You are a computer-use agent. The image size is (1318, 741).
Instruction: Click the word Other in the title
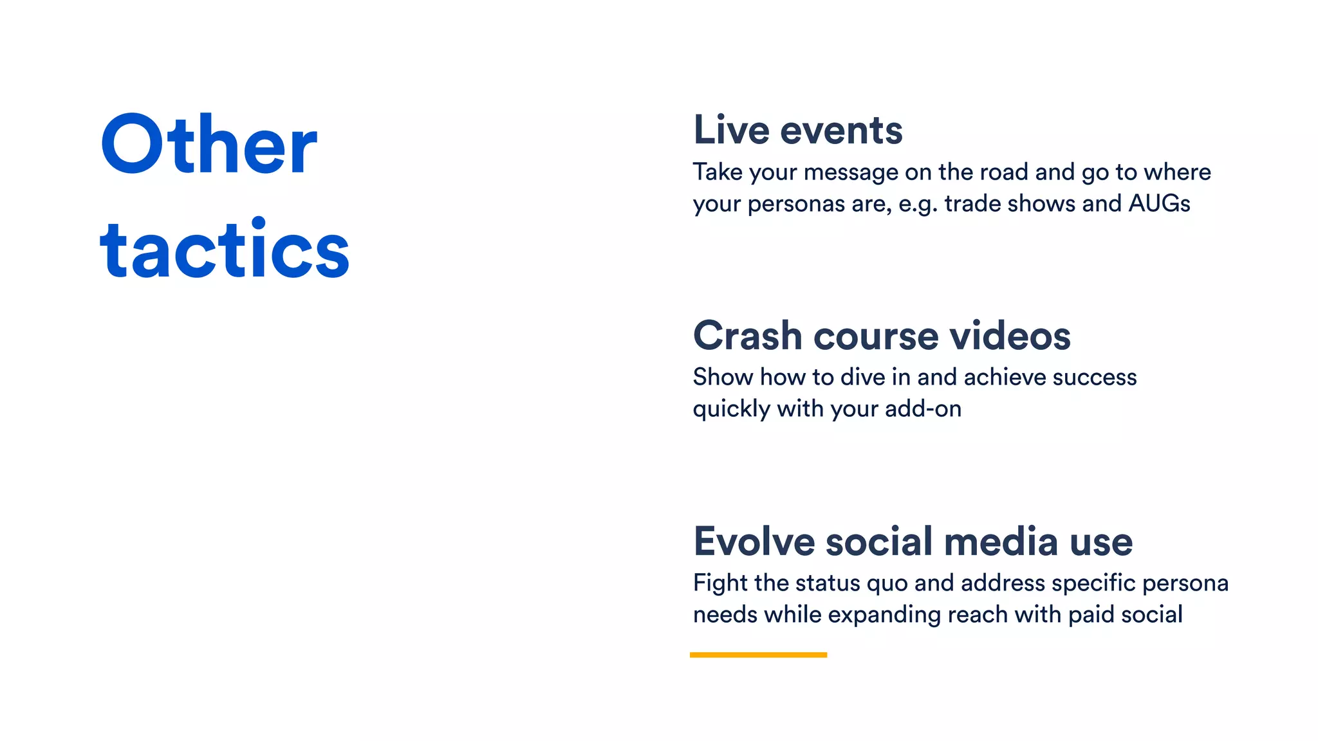209,145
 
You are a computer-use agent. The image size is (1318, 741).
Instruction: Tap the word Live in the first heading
731,130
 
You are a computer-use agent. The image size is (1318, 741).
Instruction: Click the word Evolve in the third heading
752,542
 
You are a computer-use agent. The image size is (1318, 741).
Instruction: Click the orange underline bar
758,655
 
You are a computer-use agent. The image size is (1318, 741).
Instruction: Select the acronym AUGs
1159,203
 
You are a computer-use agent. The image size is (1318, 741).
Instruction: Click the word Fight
720,583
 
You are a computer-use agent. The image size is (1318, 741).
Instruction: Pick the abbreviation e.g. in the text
918,205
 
